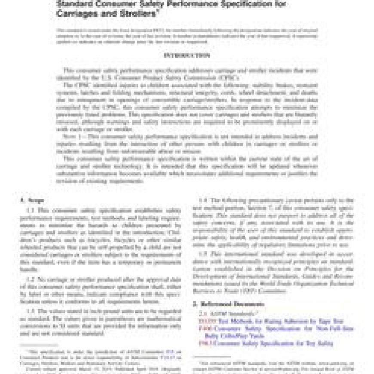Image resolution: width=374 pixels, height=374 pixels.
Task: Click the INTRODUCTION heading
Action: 187,55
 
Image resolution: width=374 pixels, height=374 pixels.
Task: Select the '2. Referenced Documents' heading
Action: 227,304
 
